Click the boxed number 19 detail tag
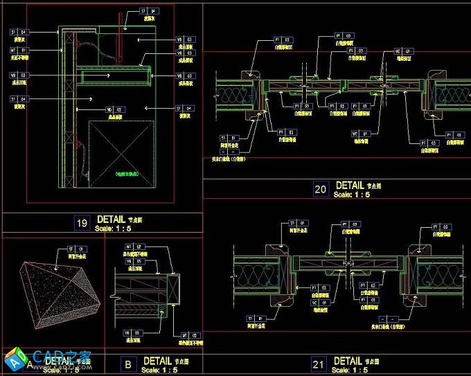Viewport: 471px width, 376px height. tap(82, 222)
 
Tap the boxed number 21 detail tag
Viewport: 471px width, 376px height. tap(319, 364)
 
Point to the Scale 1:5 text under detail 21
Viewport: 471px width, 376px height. tap(352, 370)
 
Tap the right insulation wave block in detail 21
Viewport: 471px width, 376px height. tap(438, 271)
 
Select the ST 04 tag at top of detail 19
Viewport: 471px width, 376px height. tap(149, 11)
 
